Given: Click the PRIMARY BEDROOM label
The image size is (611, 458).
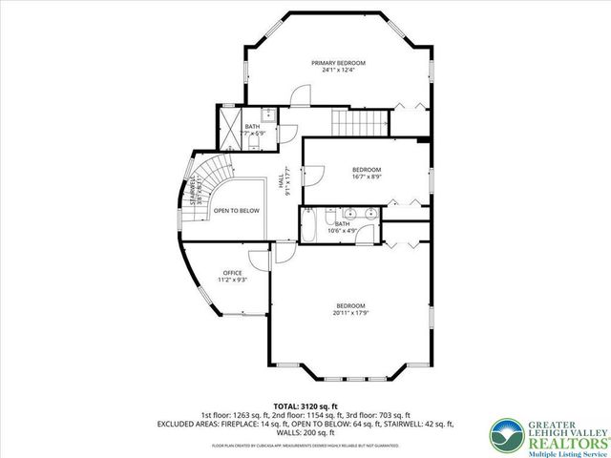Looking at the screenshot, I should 338,63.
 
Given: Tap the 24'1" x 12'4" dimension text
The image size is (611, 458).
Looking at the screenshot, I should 338,71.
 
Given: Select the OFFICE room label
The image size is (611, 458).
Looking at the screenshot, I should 233,273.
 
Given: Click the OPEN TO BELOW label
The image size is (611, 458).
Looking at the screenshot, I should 236,210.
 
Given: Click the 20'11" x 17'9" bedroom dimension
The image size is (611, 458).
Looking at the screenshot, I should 350,312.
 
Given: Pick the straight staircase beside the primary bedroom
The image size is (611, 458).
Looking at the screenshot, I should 361,121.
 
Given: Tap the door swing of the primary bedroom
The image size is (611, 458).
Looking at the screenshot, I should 301,95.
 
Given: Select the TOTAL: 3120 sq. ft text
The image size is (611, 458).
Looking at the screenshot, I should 305,406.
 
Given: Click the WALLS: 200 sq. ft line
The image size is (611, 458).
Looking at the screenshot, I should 305,432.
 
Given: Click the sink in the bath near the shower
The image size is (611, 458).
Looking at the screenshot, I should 269,116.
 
